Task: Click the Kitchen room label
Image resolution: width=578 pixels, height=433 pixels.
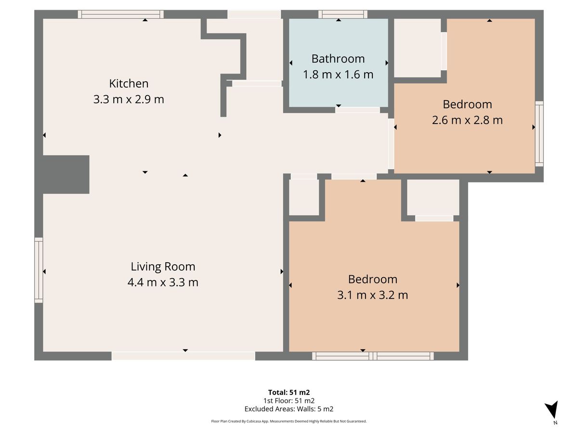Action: (x=129, y=84)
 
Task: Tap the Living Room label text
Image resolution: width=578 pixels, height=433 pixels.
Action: (x=163, y=267)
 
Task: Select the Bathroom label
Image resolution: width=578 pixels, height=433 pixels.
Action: (x=338, y=59)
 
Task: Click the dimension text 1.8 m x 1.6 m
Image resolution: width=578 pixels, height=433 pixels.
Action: (x=338, y=75)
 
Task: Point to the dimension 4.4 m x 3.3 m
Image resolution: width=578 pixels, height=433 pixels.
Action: (x=163, y=282)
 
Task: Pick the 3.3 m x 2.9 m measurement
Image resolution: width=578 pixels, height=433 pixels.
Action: (x=129, y=100)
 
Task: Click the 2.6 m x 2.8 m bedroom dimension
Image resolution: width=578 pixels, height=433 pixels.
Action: (x=467, y=120)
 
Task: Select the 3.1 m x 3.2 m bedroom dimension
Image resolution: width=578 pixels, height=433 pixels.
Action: (x=373, y=295)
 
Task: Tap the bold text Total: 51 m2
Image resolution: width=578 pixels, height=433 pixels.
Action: (x=289, y=392)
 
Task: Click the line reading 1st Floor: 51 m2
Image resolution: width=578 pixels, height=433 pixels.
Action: (x=289, y=401)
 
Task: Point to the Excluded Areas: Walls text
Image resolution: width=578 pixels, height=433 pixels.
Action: (x=289, y=409)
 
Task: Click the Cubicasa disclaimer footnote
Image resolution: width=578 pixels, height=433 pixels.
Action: (x=289, y=421)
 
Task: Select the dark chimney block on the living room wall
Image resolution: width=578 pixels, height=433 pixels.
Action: (x=66, y=175)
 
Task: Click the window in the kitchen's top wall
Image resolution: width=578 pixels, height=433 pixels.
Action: (x=120, y=14)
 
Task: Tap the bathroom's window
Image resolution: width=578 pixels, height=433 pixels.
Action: (x=343, y=14)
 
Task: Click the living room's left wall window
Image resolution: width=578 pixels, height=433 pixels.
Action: (x=39, y=270)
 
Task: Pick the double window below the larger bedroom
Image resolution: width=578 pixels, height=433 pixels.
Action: (x=373, y=356)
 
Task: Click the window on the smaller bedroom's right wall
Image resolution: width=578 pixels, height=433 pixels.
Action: (x=539, y=134)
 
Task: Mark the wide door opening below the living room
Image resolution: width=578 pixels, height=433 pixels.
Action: (x=184, y=356)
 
